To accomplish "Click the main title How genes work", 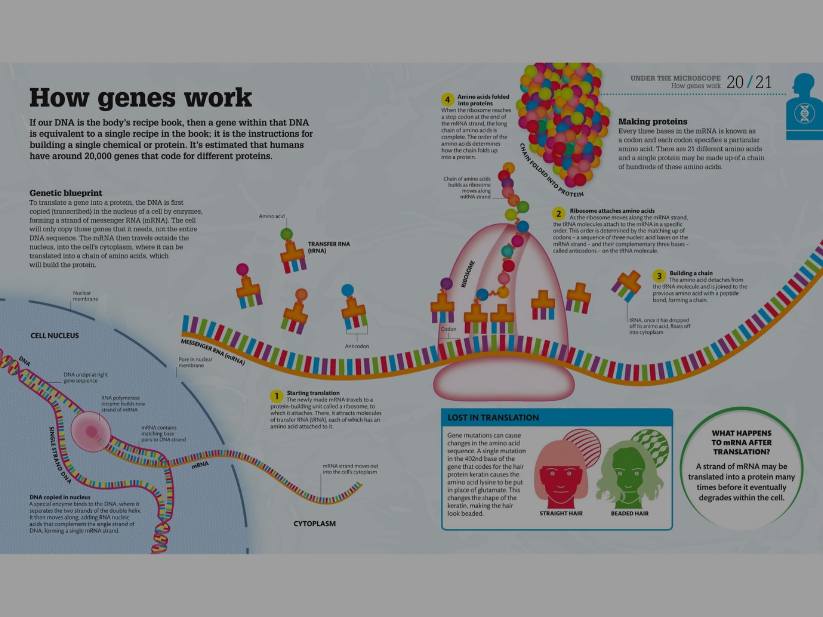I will pos(140,97).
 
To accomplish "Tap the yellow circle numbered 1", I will pos(276,396).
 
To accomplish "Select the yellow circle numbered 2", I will pos(558,214).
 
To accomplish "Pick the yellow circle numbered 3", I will pos(659,276).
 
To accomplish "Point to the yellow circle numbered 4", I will pos(447,100).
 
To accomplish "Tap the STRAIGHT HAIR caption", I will pos(561,513).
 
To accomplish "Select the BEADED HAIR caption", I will pos(629,513).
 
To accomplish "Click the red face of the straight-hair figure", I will pos(560,481).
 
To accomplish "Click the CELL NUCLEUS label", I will pos(54,336).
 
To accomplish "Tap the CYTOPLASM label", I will pos(314,524).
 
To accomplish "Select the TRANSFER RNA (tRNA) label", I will pos(329,247).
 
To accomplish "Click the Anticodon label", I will pos(357,346).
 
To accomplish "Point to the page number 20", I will pos(735,82).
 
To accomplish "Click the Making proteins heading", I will pos(653,121).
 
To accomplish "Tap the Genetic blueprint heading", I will pos(66,193).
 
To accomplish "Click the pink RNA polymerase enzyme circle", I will pos(91,431).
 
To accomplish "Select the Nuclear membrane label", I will pos(85,296).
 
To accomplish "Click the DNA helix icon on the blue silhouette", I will pos(805,113).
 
